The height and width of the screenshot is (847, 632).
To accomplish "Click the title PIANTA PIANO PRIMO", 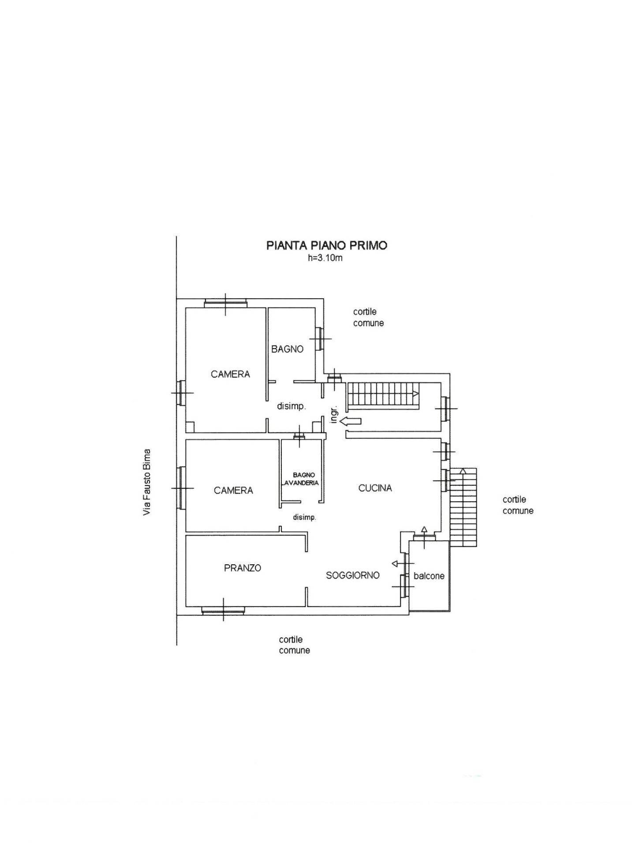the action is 326,245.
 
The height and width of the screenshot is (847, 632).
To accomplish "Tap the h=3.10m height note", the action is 325,258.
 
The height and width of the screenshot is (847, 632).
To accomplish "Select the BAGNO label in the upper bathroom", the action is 287,349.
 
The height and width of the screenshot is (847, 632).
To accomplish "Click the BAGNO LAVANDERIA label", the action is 301,479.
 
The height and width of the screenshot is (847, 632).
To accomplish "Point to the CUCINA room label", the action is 375,488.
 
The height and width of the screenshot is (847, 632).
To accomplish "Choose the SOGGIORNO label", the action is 352,575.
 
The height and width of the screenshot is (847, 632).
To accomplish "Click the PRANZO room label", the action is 243,568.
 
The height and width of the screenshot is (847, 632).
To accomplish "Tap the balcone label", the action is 429,576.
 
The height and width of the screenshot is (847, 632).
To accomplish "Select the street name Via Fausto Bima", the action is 147,482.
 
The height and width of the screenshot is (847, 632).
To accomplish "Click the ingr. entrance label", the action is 334,414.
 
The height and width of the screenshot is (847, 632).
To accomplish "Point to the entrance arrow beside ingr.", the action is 351,421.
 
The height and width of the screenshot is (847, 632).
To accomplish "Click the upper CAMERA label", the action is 230,374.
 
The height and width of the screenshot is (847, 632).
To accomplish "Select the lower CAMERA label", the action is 233,490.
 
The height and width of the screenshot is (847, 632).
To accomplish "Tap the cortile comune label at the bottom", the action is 294,645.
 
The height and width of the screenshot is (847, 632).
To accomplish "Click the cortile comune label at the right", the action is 518,505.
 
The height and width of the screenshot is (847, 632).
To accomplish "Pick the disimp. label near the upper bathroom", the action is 291,406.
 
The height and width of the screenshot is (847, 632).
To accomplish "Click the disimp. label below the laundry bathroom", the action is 304,517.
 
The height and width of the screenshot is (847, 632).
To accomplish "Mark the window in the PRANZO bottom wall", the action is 223,611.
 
